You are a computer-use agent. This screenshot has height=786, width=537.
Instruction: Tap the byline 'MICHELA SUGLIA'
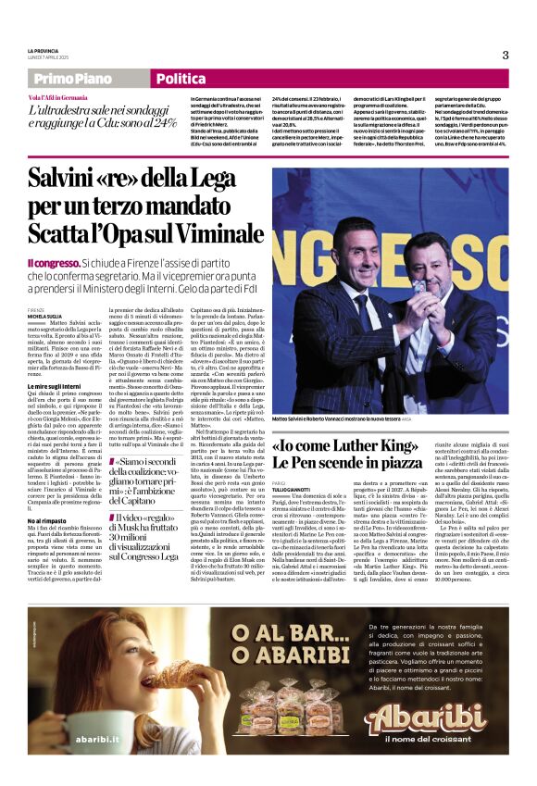(44, 317)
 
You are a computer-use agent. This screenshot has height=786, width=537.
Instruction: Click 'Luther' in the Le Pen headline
(381, 443)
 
